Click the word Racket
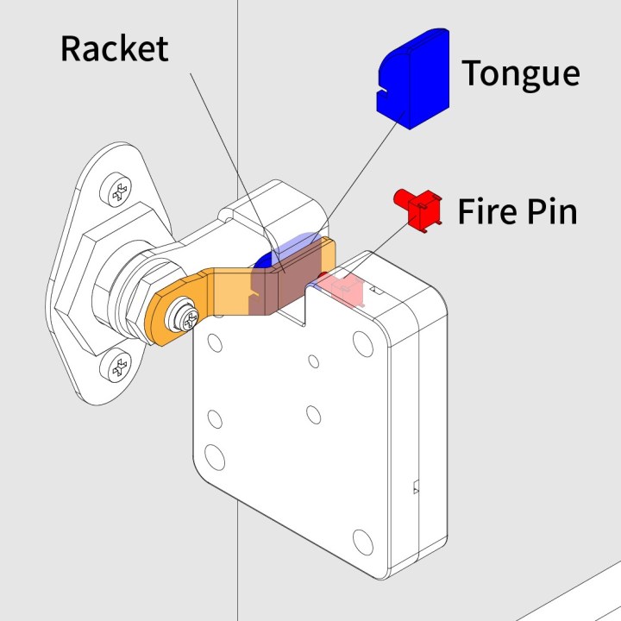click(x=114, y=48)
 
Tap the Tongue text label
click(x=520, y=73)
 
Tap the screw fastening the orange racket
click(x=185, y=316)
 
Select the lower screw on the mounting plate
click(x=117, y=368)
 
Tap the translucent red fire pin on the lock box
click(x=345, y=289)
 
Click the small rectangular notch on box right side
click(x=416, y=486)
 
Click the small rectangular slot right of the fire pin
click(x=374, y=292)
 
